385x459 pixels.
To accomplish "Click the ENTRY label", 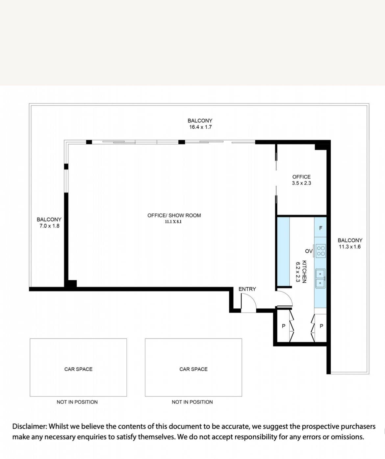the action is [247, 289].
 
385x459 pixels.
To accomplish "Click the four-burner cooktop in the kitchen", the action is [321, 251].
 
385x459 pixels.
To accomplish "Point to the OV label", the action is [309, 251].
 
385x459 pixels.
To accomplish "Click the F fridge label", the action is [321, 228].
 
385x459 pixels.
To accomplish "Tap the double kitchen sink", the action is [321, 278].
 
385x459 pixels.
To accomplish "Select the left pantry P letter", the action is [284, 326].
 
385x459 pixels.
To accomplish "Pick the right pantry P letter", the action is [321, 326].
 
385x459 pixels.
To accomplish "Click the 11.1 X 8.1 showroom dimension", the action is [173, 222].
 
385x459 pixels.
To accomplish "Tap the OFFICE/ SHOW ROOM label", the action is [174, 216].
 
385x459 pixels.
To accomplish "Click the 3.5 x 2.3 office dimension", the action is [301, 183].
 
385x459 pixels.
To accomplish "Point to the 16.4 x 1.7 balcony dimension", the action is [200, 127].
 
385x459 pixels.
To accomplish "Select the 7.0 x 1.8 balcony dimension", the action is [49, 226].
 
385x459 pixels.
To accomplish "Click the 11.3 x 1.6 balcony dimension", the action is [349, 247].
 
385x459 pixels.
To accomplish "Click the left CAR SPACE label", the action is [78, 369].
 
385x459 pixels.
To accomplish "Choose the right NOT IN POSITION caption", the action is [192, 402].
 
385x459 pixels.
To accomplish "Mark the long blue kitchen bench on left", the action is [283, 251].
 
